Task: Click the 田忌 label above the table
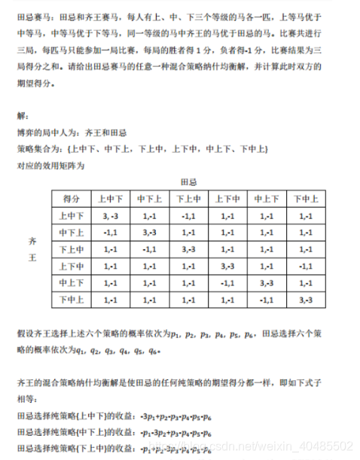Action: [x=188, y=182]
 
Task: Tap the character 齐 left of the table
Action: [x=32, y=241]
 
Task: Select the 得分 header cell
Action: [x=72, y=198]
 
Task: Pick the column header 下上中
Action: [x=188, y=198]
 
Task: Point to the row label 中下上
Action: [x=72, y=232]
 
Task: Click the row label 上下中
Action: [x=72, y=266]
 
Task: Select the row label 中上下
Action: [x=72, y=283]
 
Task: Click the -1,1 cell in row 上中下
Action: [x=188, y=215]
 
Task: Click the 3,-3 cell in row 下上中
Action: [x=188, y=249]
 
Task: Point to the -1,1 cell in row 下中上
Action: [x=267, y=300]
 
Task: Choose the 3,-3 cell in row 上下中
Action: [x=227, y=266]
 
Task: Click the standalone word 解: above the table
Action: [x=23, y=114]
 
